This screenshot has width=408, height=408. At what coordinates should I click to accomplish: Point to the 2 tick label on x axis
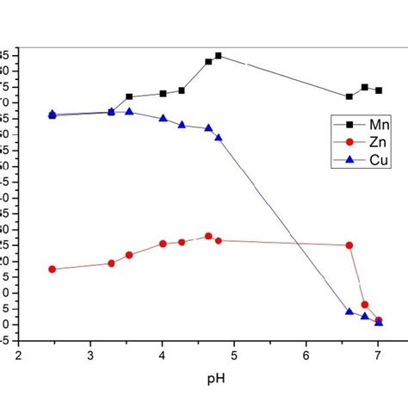[18, 346]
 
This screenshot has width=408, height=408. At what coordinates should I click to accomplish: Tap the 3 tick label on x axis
[90, 346]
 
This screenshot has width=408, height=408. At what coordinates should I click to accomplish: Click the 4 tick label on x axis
[162, 346]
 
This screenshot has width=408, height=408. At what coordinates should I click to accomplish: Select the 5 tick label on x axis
[234, 346]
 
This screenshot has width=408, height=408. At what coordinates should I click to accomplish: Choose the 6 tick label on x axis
[306, 346]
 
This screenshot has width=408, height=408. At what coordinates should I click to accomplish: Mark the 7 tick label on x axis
[378, 346]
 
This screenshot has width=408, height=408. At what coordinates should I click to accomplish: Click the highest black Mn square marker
[219, 56]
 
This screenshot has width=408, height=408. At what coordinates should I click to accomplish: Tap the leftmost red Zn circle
[53, 269]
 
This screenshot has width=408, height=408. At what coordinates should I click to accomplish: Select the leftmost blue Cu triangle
[53, 114]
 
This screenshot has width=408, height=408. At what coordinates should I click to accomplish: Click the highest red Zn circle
[208, 236]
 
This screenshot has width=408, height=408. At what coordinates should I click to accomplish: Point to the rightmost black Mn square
[379, 90]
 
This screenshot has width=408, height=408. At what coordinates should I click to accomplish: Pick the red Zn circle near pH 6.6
[349, 245]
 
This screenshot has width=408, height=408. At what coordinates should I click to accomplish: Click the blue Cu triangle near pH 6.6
[349, 312]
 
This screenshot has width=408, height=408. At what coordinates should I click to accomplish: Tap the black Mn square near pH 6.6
[349, 96]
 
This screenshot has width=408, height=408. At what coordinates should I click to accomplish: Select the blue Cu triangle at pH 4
[163, 118]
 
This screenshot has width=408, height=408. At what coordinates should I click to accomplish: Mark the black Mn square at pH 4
[163, 93]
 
